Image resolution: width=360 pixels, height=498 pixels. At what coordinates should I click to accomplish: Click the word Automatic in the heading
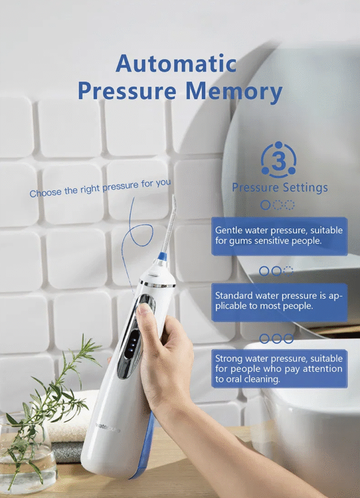point(176,64)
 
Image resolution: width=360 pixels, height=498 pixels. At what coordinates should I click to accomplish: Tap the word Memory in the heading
point(234,91)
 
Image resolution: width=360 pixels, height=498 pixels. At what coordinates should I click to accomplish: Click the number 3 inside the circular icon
point(278,161)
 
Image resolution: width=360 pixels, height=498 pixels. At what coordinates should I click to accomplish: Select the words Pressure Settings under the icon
point(280,187)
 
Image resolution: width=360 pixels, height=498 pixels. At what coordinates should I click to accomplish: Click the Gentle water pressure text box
point(279,236)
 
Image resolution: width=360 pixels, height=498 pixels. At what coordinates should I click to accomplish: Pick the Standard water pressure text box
point(279,302)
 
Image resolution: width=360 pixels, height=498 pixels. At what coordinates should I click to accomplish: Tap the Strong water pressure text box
point(279,368)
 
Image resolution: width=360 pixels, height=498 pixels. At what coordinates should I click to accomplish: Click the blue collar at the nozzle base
point(163,256)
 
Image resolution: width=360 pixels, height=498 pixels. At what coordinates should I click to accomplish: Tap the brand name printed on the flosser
point(108,427)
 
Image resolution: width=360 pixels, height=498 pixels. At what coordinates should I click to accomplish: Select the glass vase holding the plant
point(27,454)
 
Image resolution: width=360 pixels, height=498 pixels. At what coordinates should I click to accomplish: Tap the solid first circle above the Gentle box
point(265,205)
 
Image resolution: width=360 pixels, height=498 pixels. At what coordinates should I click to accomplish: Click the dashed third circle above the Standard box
point(288,271)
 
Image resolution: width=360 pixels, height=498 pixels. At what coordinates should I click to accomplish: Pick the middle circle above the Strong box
point(276,338)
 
